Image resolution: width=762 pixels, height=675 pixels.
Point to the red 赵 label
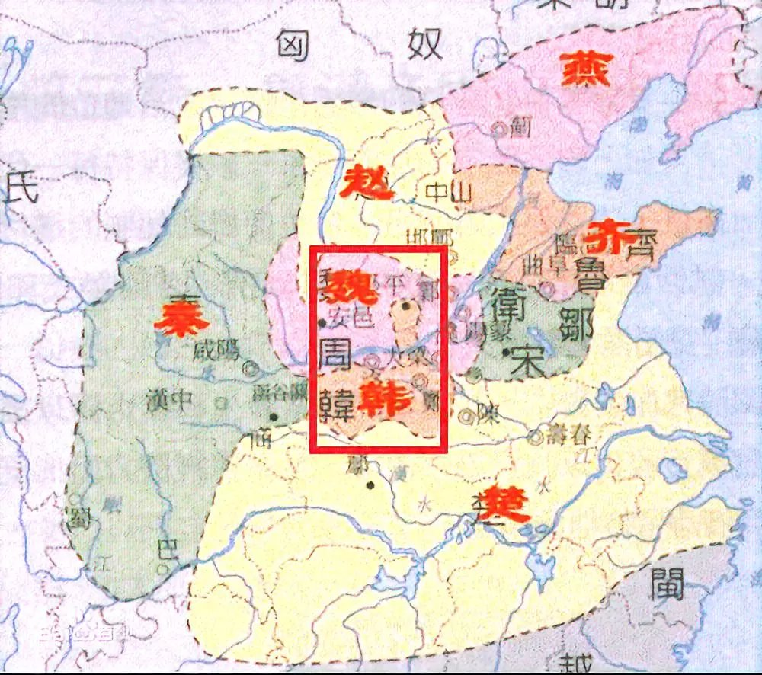point(368,182)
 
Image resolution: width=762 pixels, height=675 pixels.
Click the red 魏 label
point(349,284)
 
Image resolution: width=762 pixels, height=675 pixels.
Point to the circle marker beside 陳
point(465,415)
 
